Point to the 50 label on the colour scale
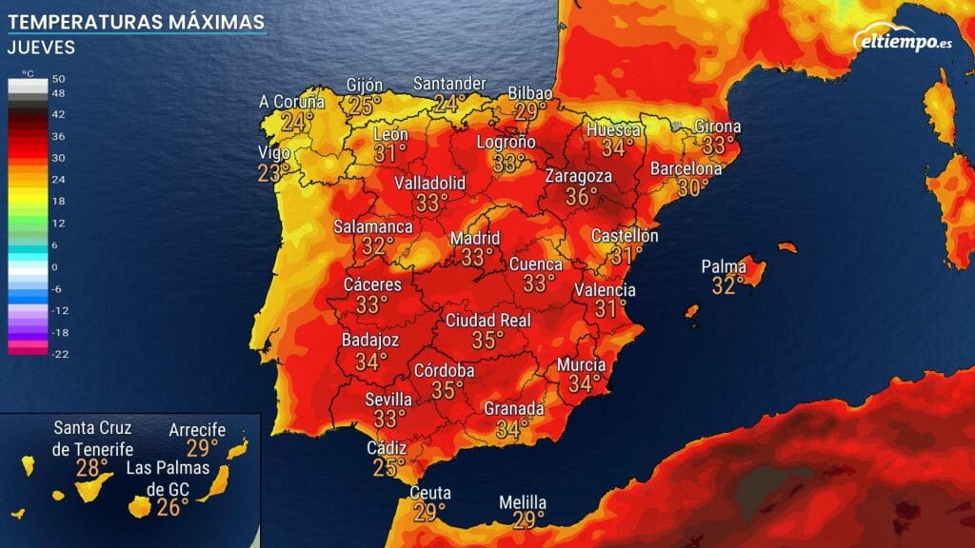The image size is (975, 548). tap(58, 78)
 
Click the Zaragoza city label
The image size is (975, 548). tap(578, 177)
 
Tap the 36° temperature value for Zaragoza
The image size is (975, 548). tap(582, 197)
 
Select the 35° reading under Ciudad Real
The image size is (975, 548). tap(487, 341)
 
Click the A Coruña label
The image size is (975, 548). tap(292, 102)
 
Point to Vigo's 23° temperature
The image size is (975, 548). tap(274, 173)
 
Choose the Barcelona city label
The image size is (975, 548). tap(686, 168)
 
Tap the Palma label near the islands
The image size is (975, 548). tap(724, 266)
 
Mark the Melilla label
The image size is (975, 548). tap(523, 502)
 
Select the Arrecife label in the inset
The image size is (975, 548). tap(197, 430)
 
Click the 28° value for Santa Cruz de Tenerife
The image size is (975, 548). tap(92, 468)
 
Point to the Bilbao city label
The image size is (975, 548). tap(530, 92)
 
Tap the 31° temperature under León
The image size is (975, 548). tap(390, 153)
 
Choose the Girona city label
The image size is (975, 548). tap(718, 127)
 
